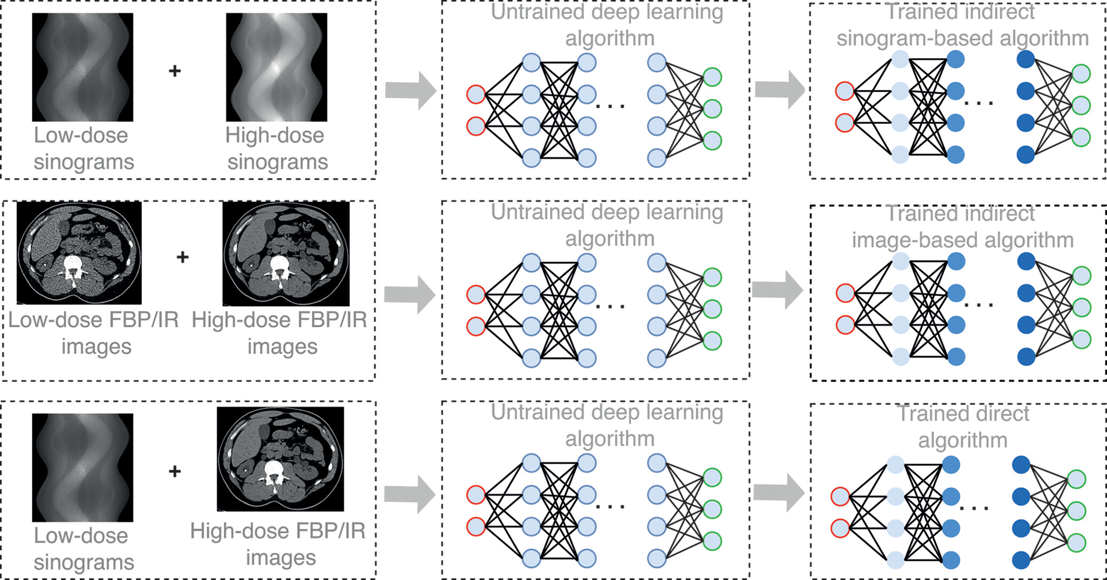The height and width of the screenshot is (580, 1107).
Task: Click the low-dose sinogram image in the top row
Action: pos(82,67)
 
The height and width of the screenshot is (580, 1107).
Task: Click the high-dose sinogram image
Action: pos(276,67)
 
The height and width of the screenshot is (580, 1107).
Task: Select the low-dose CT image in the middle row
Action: pos(79,253)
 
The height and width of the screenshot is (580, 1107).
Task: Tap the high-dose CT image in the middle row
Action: pos(286,254)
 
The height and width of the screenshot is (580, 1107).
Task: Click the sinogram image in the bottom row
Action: pos(82,467)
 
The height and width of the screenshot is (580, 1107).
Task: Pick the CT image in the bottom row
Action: pos(280,459)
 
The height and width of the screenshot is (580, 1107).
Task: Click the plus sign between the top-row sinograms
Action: pos(174,70)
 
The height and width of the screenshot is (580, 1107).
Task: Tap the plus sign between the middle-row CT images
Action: pos(182,257)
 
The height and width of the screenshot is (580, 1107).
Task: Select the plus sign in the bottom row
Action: pos(174,471)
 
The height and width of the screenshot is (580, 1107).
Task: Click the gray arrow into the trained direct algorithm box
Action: pos(778,492)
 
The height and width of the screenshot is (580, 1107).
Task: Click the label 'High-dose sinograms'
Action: pos(276,148)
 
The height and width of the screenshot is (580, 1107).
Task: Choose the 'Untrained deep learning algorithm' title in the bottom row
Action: pos(607,425)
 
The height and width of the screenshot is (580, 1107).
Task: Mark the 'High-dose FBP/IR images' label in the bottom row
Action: pos(278,544)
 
